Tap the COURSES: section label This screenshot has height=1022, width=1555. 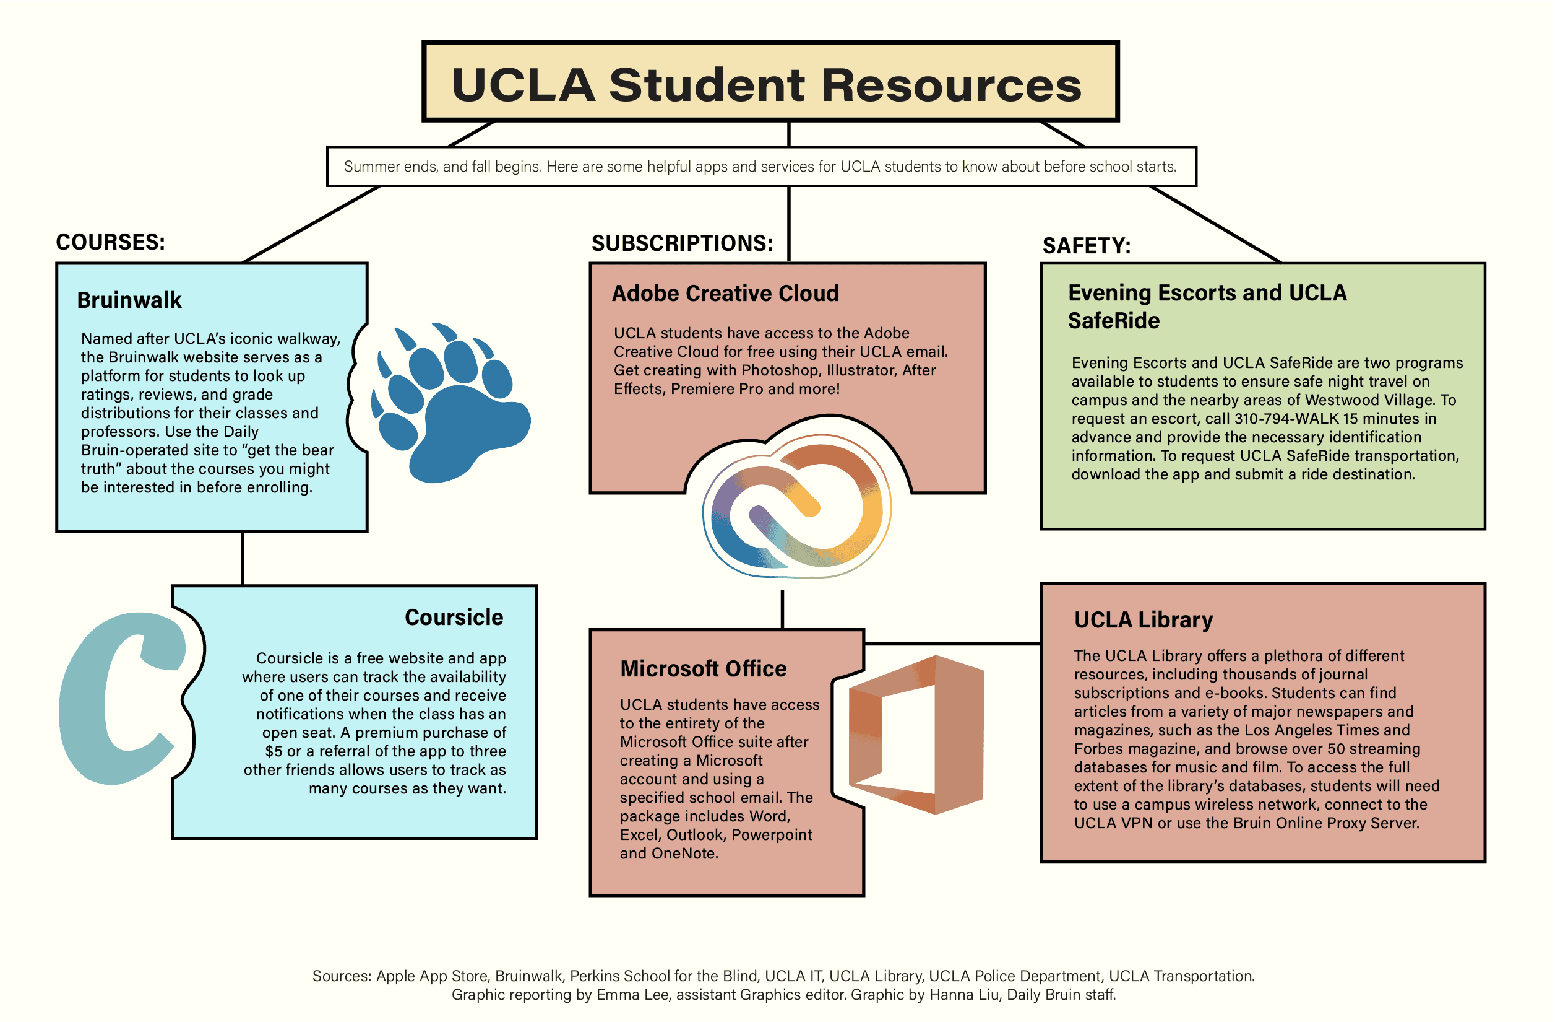[110, 242]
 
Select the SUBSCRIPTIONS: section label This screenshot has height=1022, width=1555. [682, 243]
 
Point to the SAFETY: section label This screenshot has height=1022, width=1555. [1086, 246]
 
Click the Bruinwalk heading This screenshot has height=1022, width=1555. [129, 300]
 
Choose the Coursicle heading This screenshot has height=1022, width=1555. [454, 618]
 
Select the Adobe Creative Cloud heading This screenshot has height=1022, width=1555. [725, 294]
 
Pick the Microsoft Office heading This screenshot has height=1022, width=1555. [703, 669]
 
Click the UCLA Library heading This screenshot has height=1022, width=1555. [1143, 620]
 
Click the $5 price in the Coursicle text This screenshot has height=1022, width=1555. [273, 751]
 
